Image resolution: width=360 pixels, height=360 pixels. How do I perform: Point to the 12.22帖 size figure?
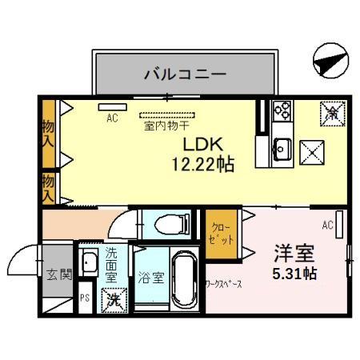[x=201, y=166]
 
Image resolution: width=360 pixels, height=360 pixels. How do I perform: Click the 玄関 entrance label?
[x=58, y=274]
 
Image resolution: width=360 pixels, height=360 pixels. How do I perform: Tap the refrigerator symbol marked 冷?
[x=330, y=112]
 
